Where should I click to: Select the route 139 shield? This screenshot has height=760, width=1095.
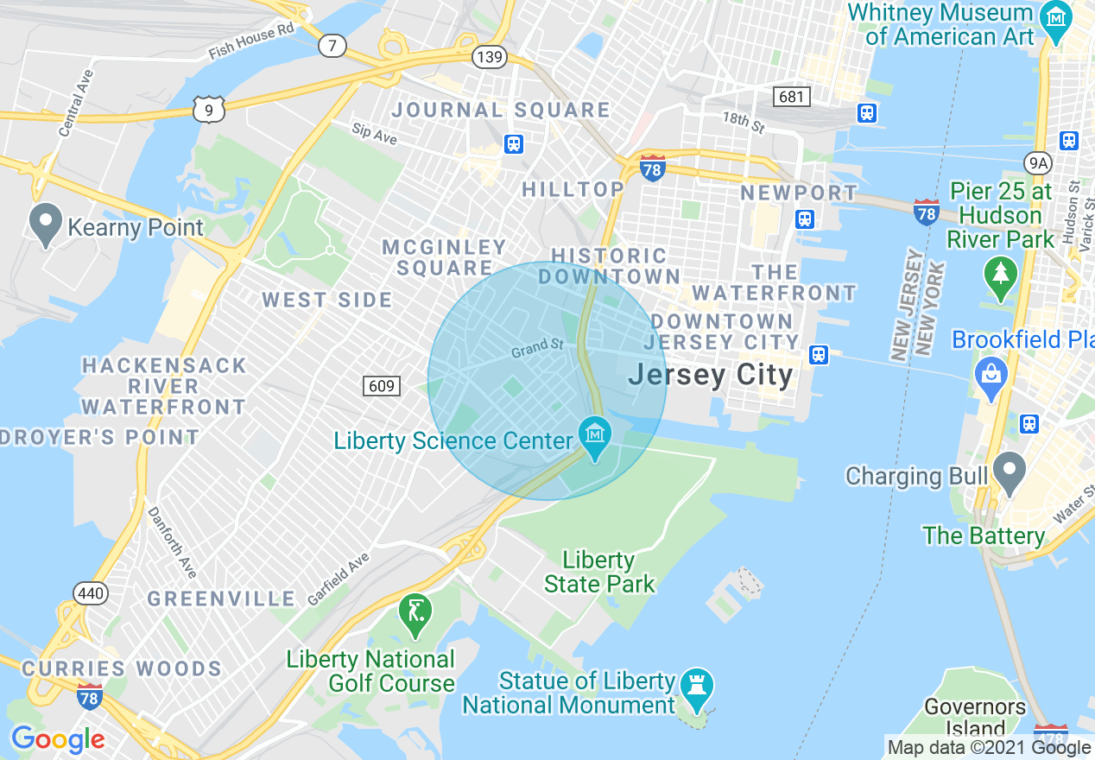pyautogui.click(x=489, y=56)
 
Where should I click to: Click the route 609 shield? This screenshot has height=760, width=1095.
pyautogui.click(x=382, y=385)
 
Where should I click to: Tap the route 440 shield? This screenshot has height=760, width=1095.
pyautogui.click(x=91, y=593)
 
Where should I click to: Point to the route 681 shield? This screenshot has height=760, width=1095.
pyautogui.click(x=791, y=96)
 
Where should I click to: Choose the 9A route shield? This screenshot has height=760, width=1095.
pyautogui.click(x=1037, y=161)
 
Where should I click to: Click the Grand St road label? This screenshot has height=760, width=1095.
pyautogui.click(x=536, y=348)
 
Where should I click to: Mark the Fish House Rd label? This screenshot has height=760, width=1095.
pyautogui.click(x=251, y=41)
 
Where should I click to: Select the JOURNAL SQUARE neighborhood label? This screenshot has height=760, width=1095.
pyautogui.click(x=500, y=110)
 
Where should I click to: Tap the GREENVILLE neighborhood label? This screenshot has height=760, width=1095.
pyautogui.click(x=221, y=598)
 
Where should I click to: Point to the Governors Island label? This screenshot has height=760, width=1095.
pyautogui.click(x=975, y=718)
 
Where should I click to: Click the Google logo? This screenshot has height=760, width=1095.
pyautogui.click(x=58, y=740)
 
